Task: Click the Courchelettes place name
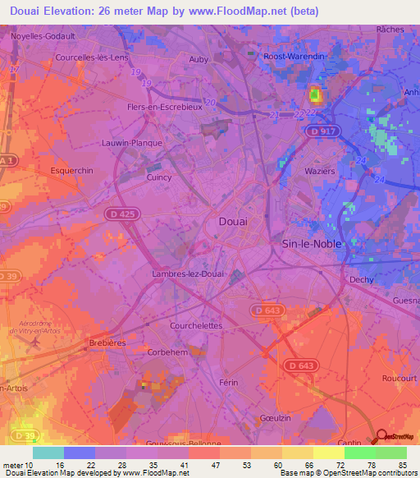[x=196, y=325]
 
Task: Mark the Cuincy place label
[x=158, y=177]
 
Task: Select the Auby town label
[x=199, y=59]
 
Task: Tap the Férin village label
[x=235, y=383]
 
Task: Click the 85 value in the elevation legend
[x=402, y=465]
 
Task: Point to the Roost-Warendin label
[x=295, y=56]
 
